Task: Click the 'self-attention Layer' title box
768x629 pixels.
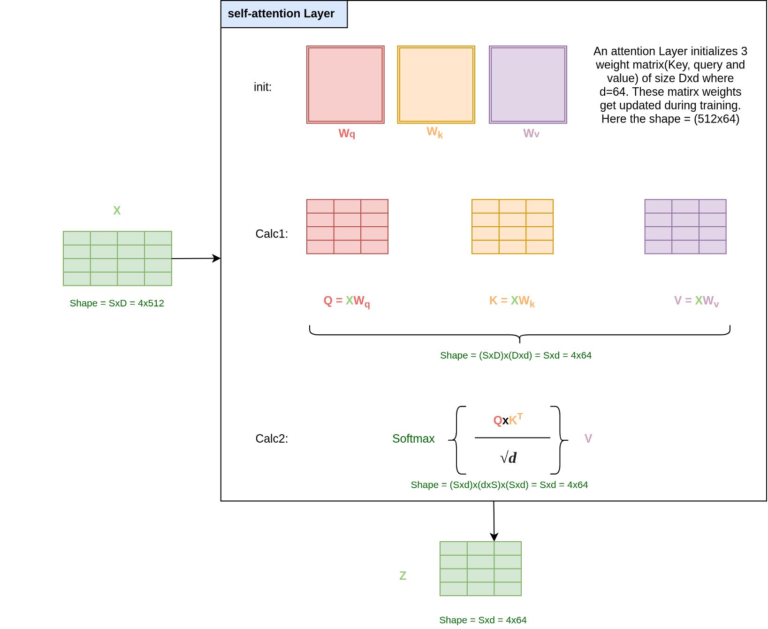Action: [x=284, y=14]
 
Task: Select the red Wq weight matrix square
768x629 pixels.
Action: [x=345, y=84]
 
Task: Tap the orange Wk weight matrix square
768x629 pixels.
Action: [x=436, y=84]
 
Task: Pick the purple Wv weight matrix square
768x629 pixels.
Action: [x=528, y=84]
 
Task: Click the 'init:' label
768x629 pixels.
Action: [x=263, y=87]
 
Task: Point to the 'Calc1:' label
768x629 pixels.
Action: [x=272, y=234]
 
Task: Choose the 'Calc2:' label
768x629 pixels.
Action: [x=272, y=438]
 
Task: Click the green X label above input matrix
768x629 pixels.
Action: [x=117, y=211]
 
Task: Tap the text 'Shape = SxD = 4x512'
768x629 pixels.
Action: [x=117, y=303]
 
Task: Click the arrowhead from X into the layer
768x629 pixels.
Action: [x=217, y=258]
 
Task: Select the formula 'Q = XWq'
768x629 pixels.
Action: [x=347, y=301]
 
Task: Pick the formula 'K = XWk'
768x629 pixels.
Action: [x=512, y=301]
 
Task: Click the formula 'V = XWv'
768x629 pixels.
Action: [x=696, y=301]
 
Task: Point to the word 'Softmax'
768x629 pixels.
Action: [x=413, y=438]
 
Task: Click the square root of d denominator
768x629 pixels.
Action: [x=509, y=458]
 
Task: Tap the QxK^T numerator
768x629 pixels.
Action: [x=508, y=420]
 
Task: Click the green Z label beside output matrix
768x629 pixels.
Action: [x=403, y=575]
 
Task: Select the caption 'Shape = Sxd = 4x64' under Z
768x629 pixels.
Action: [x=483, y=620]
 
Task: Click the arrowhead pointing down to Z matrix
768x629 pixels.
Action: [x=494, y=537]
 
